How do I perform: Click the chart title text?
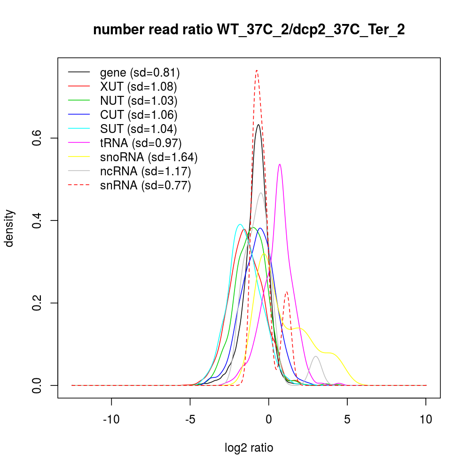click(249, 30)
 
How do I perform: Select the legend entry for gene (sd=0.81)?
click(140, 72)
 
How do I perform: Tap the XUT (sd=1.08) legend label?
click(138, 86)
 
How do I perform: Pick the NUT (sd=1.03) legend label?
click(138, 101)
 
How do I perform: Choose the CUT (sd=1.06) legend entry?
click(138, 115)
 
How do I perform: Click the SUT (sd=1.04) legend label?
click(138, 129)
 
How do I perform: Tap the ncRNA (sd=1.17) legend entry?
click(145, 171)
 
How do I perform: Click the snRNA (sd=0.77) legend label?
click(145, 185)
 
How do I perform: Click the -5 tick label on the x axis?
click(190, 419)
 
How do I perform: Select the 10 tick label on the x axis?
click(426, 419)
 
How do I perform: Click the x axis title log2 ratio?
click(249, 448)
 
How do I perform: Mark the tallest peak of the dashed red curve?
click(257, 70)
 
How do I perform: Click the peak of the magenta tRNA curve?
click(280, 164)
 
